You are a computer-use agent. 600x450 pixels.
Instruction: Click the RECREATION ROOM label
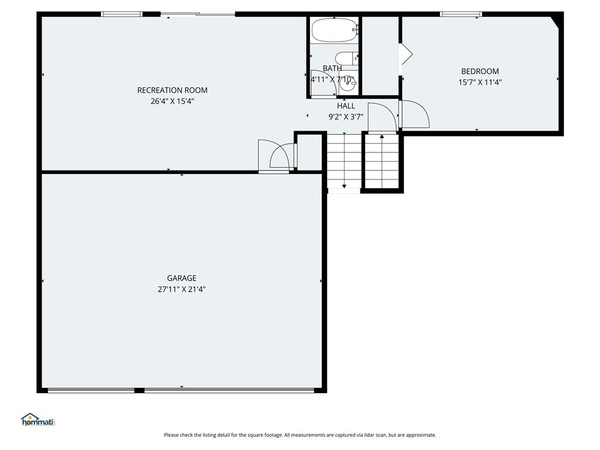pyautogui.click(x=172, y=90)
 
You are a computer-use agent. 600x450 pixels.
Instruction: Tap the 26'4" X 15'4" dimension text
pyautogui.click(x=172, y=101)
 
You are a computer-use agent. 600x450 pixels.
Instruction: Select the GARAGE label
pyautogui.click(x=182, y=278)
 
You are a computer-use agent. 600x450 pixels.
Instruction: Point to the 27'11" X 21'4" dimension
pyautogui.click(x=182, y=289)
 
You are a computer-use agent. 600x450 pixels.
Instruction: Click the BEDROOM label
pyautogui.click(x=480, y=71)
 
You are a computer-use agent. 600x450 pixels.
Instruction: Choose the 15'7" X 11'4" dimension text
pyautogui.click(x=480, y=82)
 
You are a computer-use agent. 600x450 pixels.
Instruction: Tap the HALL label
pyautogui.click(x=346, y=106)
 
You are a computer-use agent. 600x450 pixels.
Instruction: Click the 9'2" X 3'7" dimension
pyautogui.click(x=346, y=117)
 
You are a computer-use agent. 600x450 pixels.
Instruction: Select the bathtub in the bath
pyautogui.click(x=335, y=30)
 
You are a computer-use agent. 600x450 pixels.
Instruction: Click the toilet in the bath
pyautogui.click(x=347, y=59)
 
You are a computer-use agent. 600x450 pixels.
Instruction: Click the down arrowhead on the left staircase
pyautogui.click(x=345, y=186)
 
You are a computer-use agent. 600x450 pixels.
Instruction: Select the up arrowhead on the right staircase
pyautogui.click(x=382, y=136)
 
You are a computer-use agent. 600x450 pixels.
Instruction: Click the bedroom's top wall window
pyautogui.click(x=461, y=14)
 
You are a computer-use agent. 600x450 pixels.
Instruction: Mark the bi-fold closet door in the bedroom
pyautogui.click(x=405, y=54)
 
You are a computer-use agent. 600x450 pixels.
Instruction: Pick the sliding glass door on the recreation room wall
pyautogui.click(x=198, y=15)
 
